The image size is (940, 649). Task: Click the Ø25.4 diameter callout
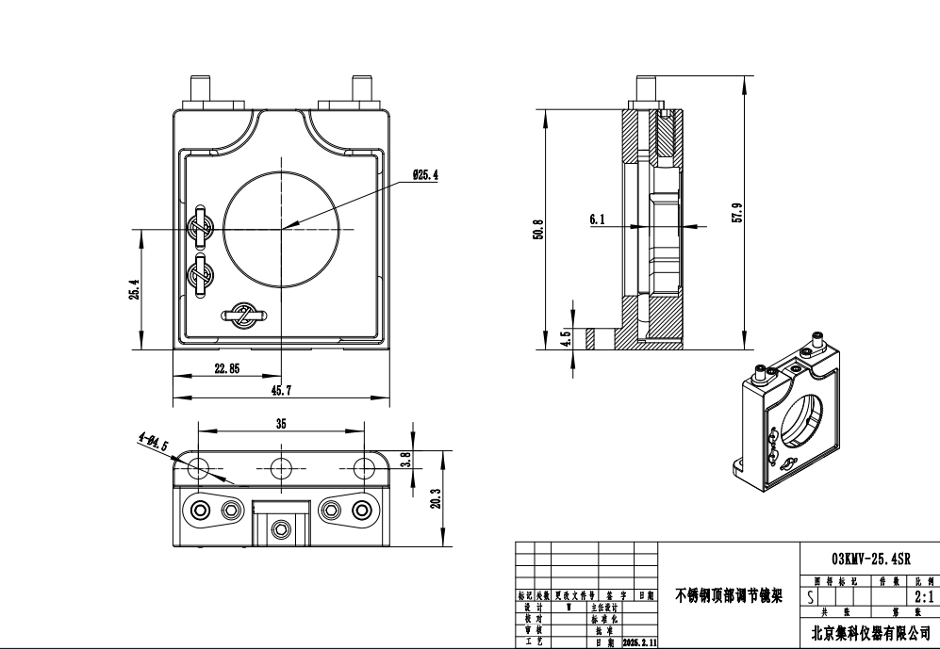[x=425, y=175]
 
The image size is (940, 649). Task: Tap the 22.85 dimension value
[x=225, y=368]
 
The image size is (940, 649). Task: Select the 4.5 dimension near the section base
[x=566, y=337]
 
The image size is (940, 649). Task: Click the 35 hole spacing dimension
[x=281, y=424]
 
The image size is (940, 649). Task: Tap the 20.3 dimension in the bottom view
[x=435, y=497]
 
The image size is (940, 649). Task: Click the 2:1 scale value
[x=923, y=597]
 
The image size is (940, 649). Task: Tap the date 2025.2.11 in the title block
[x=639, y=642]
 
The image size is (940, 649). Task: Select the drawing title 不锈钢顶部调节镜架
[x=729, y=595]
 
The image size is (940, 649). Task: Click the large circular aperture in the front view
[x=281, y=230]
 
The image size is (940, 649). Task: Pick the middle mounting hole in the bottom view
[x=281, y=467]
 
